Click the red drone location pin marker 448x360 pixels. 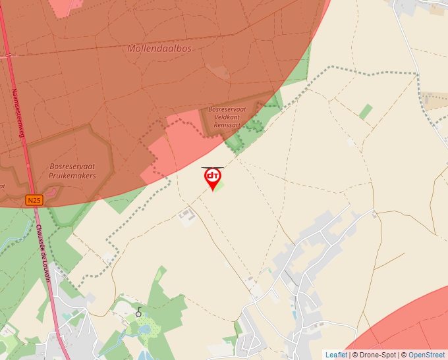click(x=212, y=176)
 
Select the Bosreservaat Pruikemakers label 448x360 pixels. click(x=72, y=171)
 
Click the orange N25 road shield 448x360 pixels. click(x=34, y=199)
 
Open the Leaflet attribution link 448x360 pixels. click(x=336, y=355)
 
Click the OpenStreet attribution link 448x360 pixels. click(x=426, y=355)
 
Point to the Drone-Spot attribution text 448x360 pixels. click(x=378, y=355)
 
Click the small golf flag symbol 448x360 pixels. click(x=138, y=311)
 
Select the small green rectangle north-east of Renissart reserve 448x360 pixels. click(x=366, y=111)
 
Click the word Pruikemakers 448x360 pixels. click(x=72, y=176)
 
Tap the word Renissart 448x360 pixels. click(x=227, y=125)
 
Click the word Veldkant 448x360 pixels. click(x=227, y=117)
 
